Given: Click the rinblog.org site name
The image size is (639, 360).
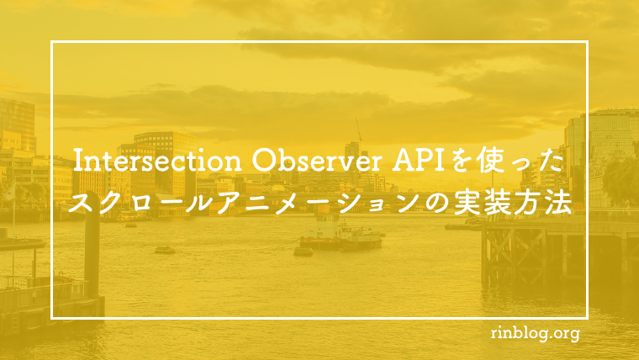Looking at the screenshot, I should click(x=535, y=334).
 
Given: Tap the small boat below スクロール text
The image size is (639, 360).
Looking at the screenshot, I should click(x=164, y=250).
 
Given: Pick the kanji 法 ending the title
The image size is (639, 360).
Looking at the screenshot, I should click(x=558, y=203).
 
